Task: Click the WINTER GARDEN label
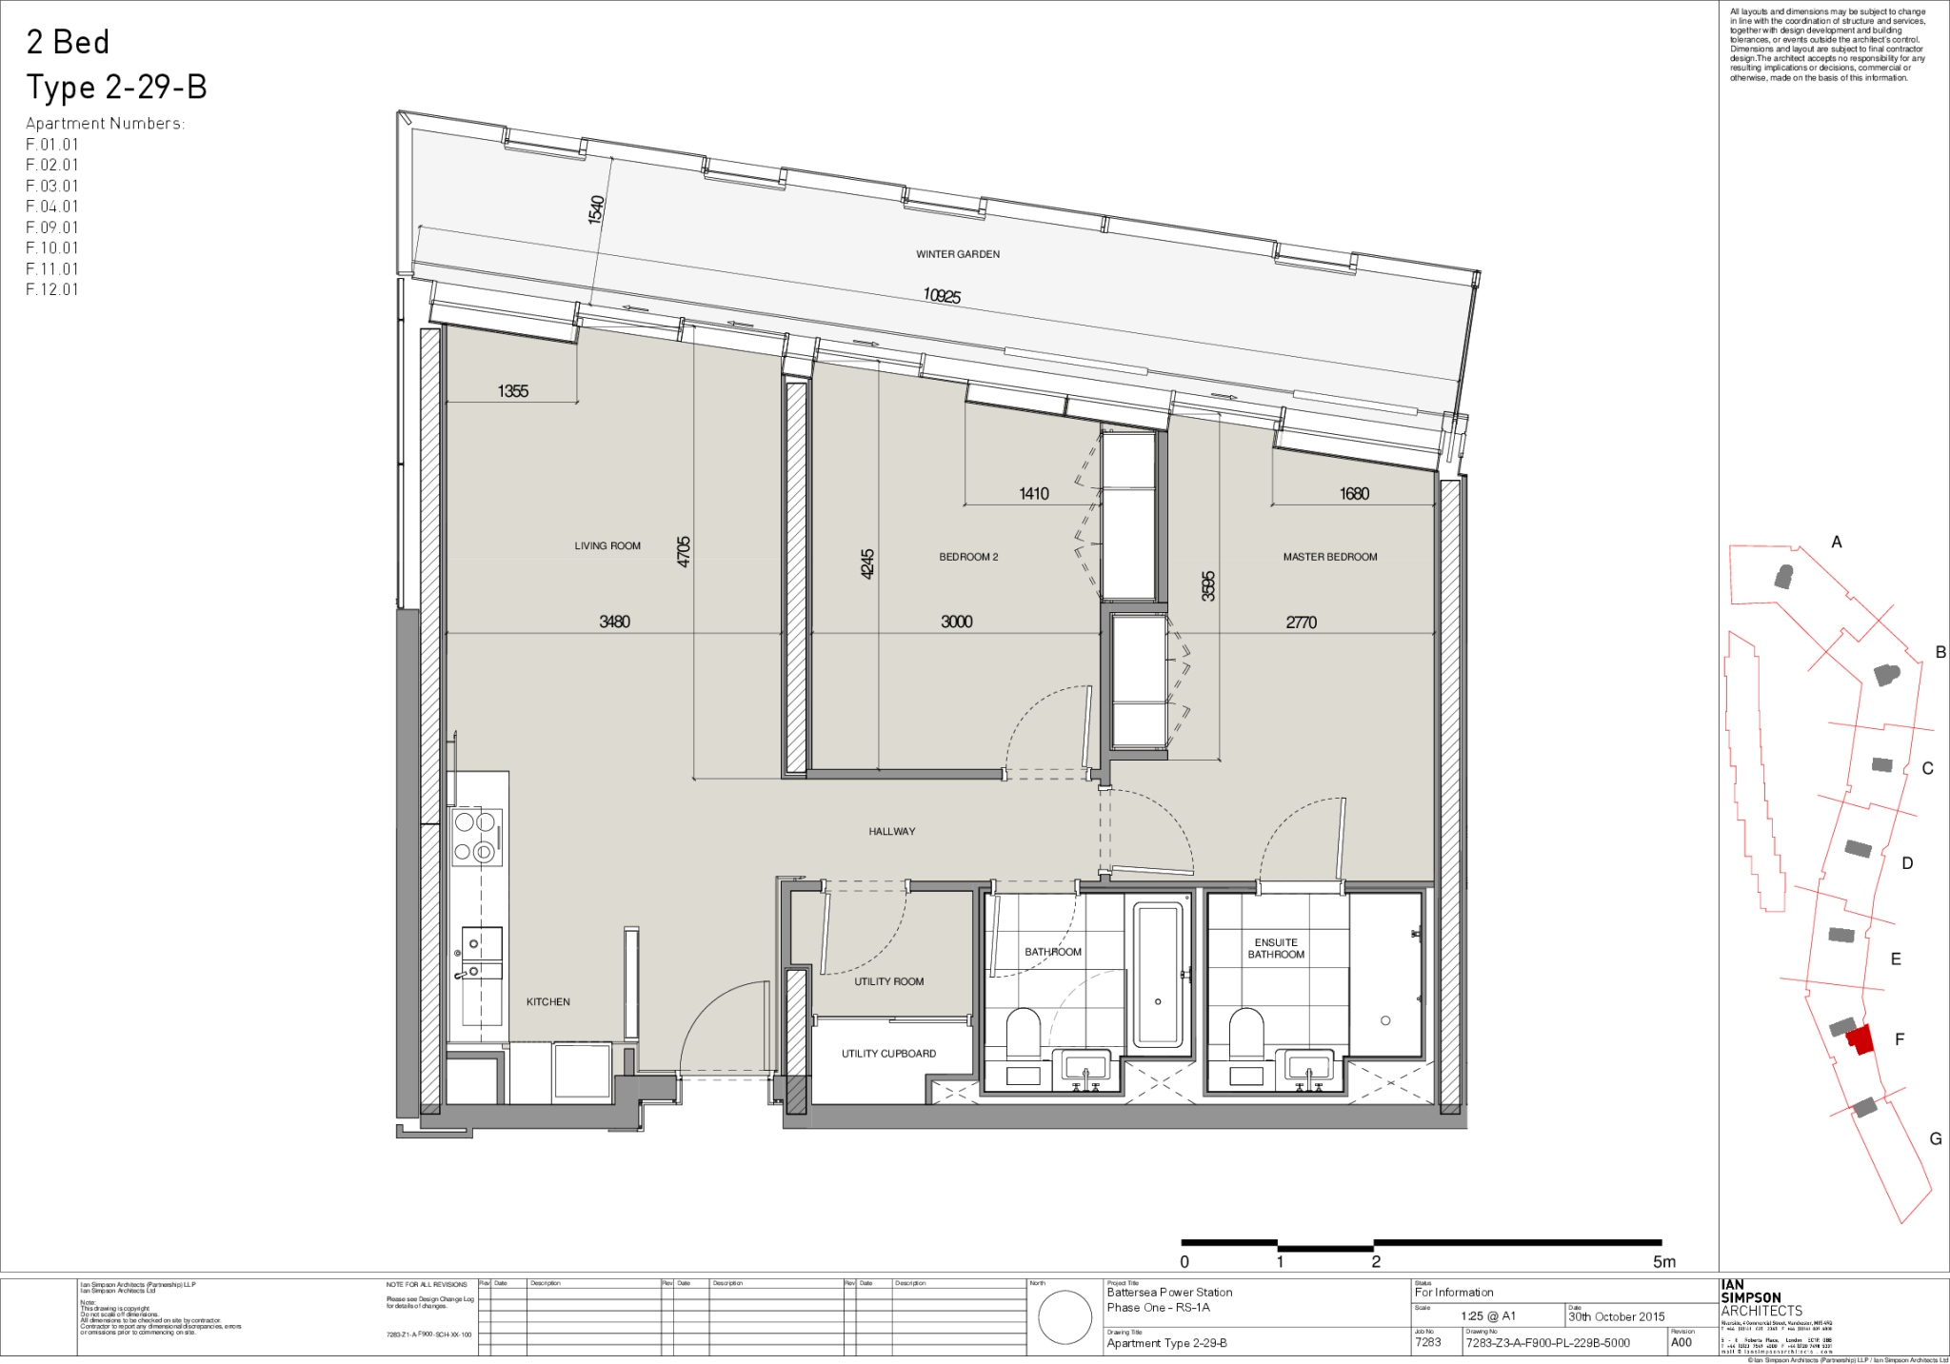[x=957, y=254]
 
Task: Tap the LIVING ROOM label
[x=607, y=545]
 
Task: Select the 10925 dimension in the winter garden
[x=942, y=296]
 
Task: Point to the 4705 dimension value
[x=684, y=552]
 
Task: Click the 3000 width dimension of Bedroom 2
[x=956, y=622]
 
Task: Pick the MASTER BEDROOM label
[x=1329, y=557]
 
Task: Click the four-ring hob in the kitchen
[x=475, y=837]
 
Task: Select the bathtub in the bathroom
[x=1157, y=974]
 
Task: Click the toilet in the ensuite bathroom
[x=1245, y=1034]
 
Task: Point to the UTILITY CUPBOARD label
[x=888, y=1054]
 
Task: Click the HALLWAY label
[x=891, y=831]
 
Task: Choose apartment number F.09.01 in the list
[x=52, y=227]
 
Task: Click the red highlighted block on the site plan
[x=1860, y=1038]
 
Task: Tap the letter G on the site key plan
[x=1935, y=1138]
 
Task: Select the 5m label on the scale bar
[x=1663, y=1262]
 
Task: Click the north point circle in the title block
[x=1065, y=1317]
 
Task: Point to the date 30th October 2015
[x=1617, y=1316]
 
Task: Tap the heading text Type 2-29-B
[x=116, y=88]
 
